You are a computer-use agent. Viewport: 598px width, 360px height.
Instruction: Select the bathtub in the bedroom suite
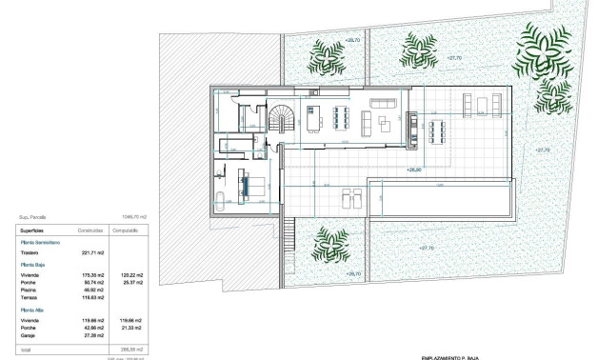220,201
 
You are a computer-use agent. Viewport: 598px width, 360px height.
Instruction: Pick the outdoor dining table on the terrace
436,130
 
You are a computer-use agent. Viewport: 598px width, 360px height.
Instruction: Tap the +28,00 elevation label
412,170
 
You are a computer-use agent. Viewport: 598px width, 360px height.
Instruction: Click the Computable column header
126,230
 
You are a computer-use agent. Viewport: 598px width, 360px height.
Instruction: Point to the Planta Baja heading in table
33,265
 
